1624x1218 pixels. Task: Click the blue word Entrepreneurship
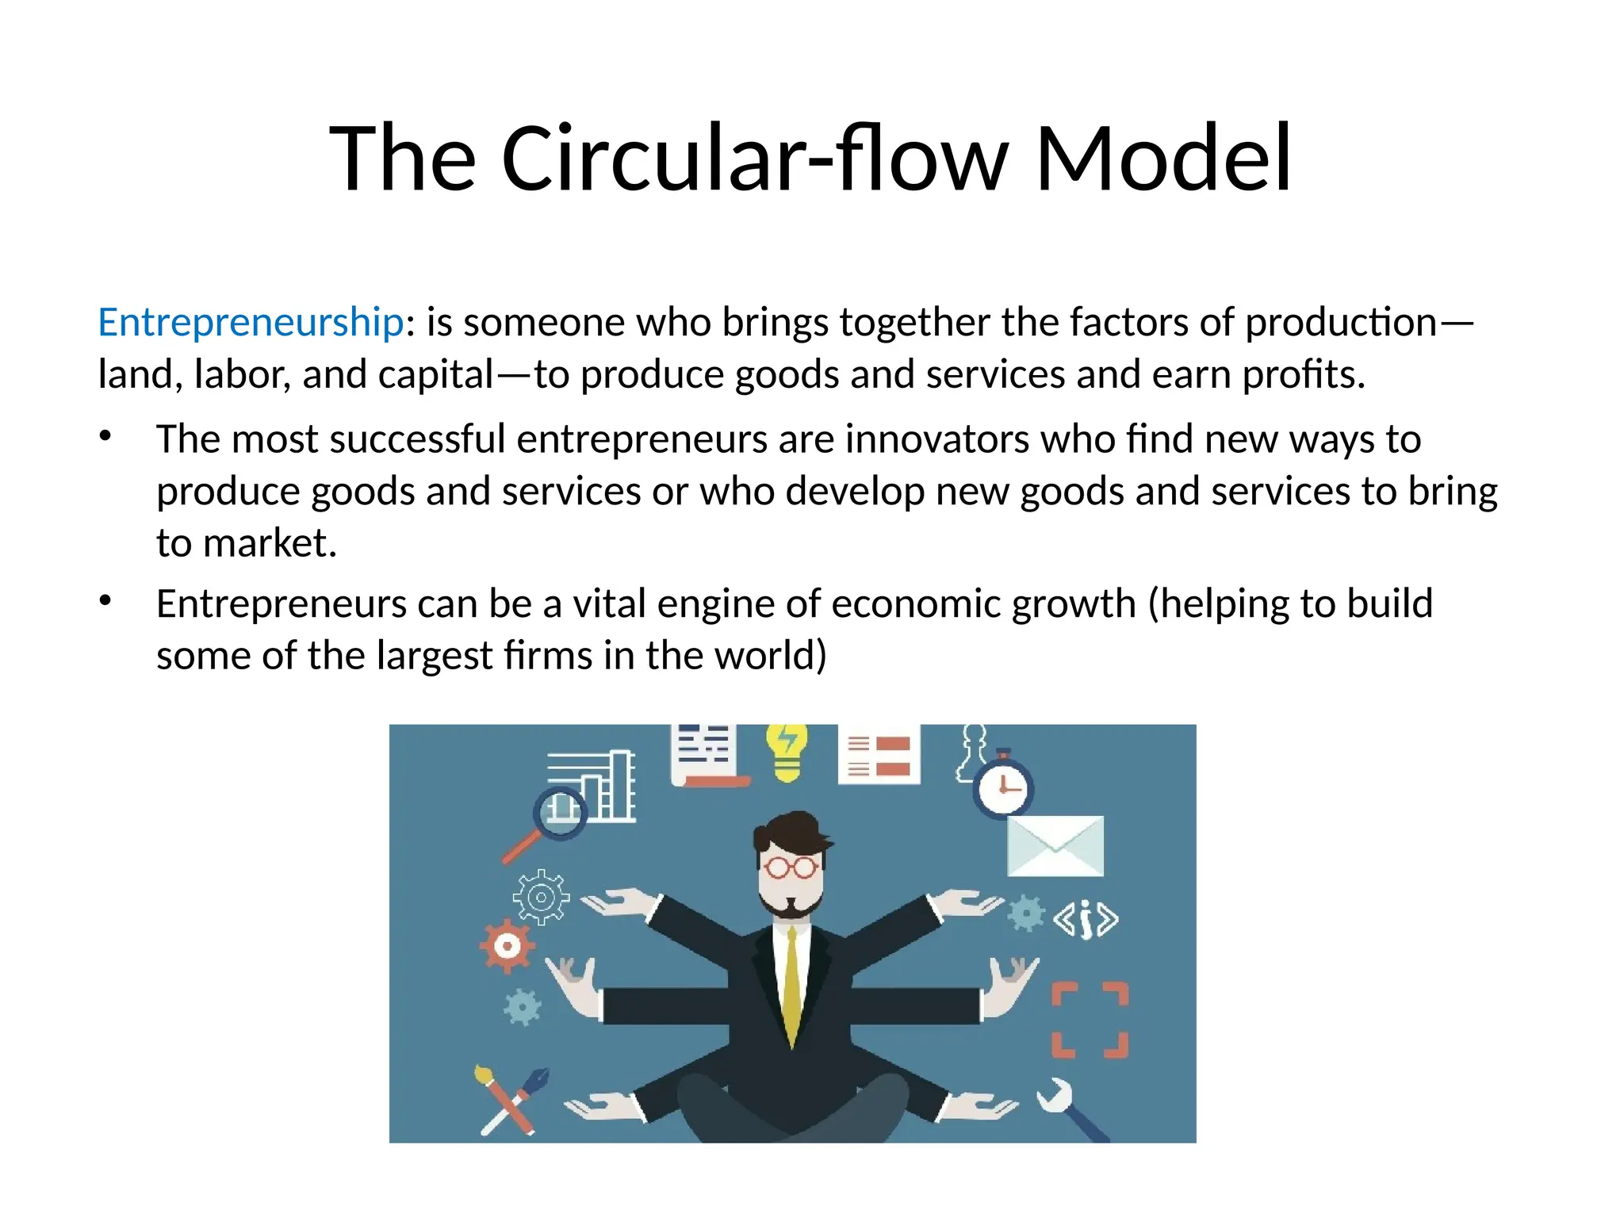[251, 323]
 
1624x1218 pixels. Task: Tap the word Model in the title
[1163, 159]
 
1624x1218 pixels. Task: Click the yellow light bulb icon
[786, 751]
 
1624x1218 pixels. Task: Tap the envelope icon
[1055, 846]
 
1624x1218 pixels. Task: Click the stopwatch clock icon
[1002, 787]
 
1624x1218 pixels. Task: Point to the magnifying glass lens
[561, 811]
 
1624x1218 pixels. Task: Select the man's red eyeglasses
[790, 868]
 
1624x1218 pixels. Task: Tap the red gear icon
[507, 945]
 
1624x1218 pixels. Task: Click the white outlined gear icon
[541, 898]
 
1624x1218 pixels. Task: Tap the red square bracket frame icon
[1090, 1020]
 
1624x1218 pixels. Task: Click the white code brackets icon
[1086, 920]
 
